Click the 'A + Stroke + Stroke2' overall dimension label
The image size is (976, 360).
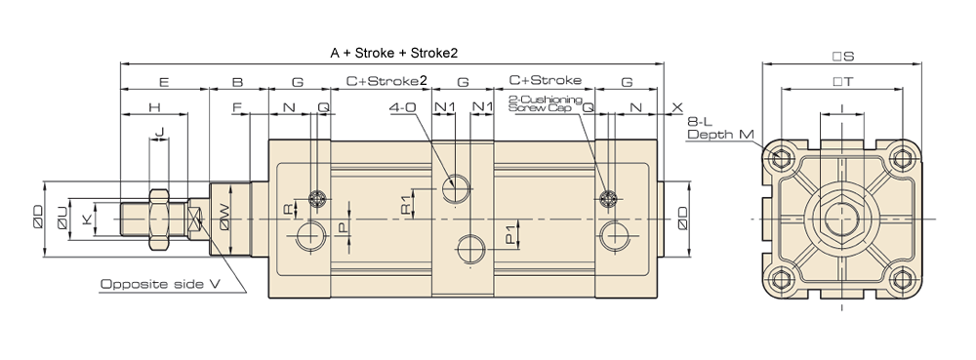coord(393,53)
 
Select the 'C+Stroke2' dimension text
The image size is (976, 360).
coord(386,81)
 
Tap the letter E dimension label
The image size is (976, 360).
coord(164,81)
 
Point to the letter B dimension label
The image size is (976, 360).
coord(238,81)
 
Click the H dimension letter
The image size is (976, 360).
coord(154,107)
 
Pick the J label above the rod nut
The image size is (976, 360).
coord(159,132)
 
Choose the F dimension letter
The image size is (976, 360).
coord(237,107)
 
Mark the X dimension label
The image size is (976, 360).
coord(678,107)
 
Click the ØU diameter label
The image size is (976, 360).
coord(62,219)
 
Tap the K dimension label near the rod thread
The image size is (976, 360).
coord(87,219)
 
